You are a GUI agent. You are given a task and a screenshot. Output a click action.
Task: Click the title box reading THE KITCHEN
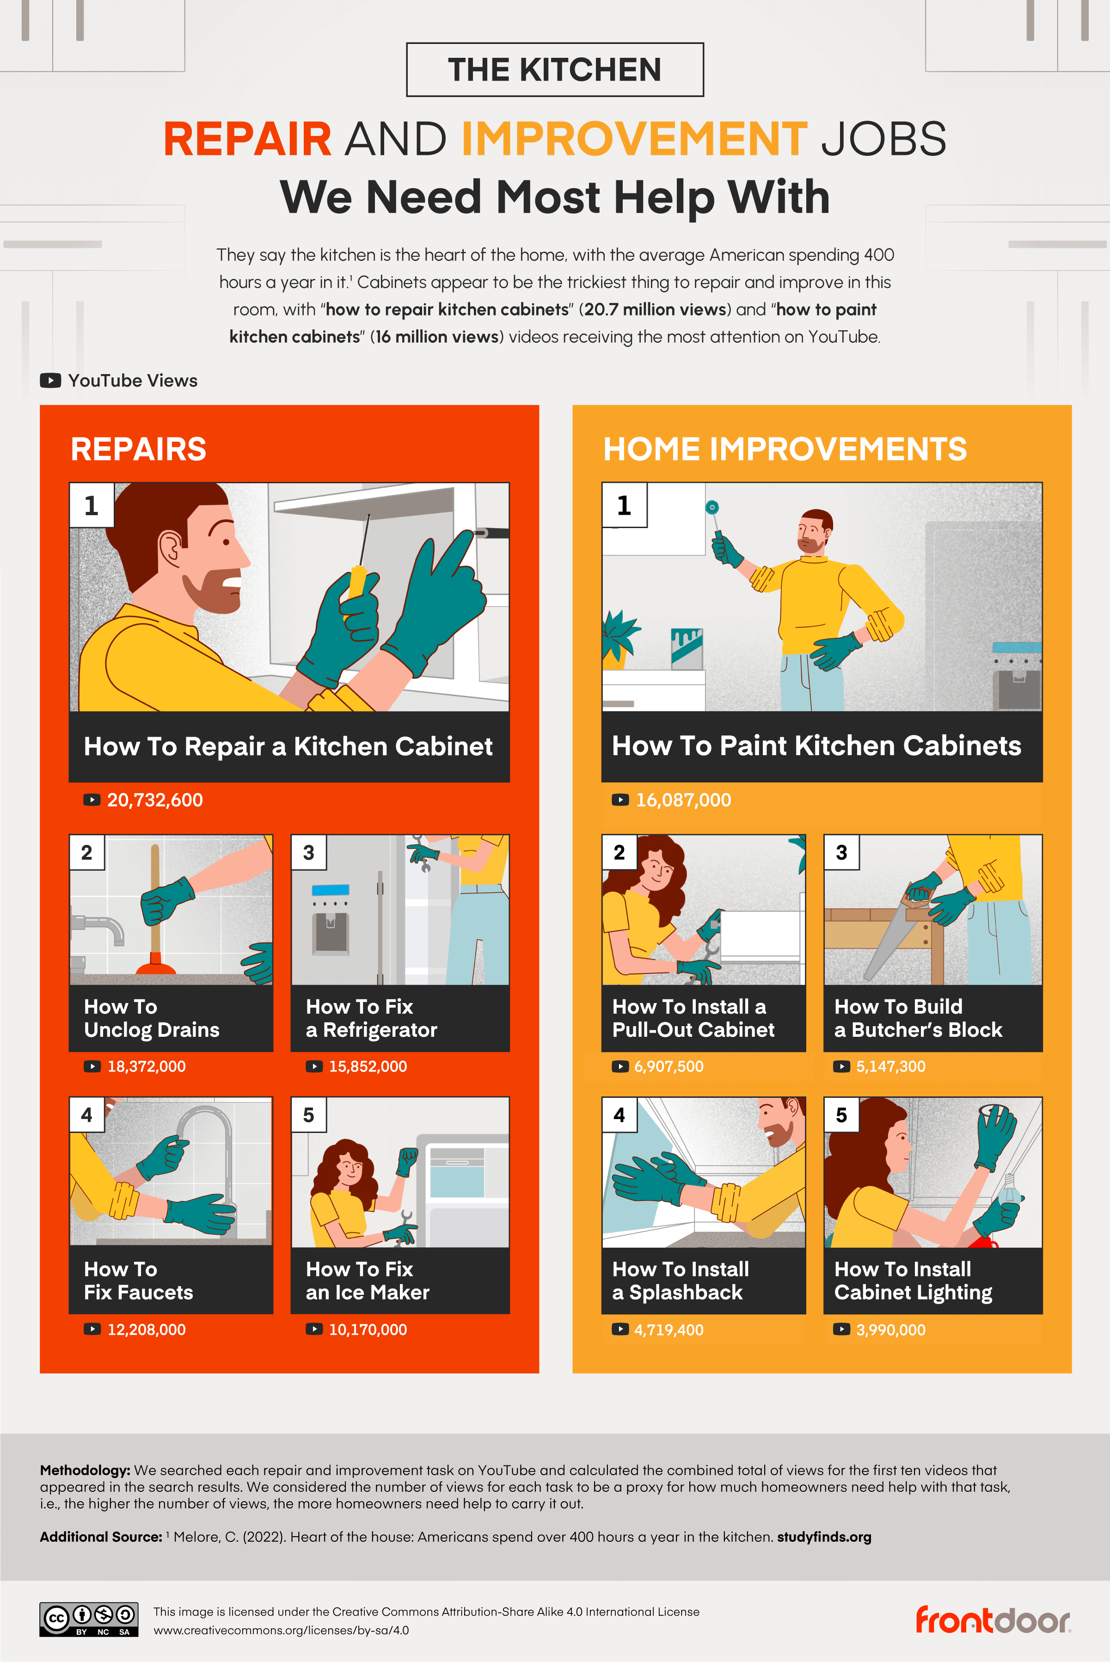tap(554, 69)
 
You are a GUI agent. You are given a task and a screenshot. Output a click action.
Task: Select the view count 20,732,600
tap(154, 800)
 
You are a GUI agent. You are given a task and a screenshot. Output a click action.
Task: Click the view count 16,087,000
tap(683, 800)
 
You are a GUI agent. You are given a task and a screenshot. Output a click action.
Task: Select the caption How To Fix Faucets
tap(138, 1280)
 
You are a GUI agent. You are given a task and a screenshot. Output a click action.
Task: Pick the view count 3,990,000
tap(890, 1330)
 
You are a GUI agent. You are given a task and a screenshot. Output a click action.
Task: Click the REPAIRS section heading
tap(139, 449)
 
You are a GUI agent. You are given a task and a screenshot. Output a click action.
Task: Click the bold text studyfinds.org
tap(824, 1537)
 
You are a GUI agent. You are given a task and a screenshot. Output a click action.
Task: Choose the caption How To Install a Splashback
tap(681, 1280)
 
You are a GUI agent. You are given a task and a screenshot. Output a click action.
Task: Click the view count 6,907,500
tap(668, 1066)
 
